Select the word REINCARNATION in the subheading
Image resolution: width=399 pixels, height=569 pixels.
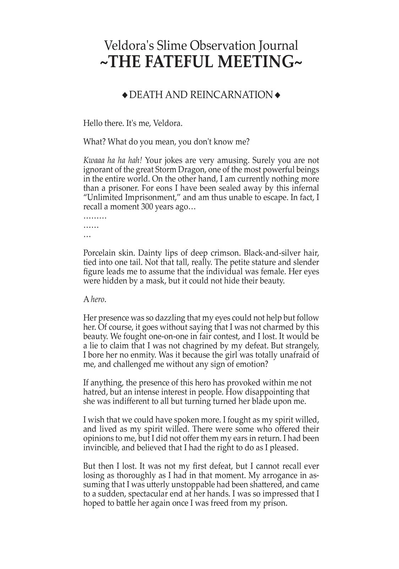pos(231,95)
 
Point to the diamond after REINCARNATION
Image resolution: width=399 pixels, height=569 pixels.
pos(277,95)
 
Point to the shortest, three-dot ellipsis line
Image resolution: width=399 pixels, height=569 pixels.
pos(87,235)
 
